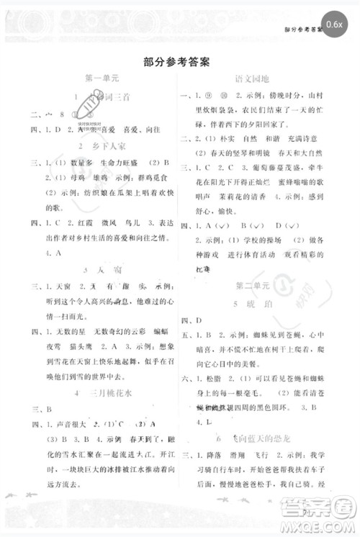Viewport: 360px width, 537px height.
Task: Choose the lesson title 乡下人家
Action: (97, 147)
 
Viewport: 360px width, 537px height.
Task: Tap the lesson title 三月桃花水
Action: (99, 392)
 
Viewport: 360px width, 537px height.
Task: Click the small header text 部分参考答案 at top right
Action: (303, 30)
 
